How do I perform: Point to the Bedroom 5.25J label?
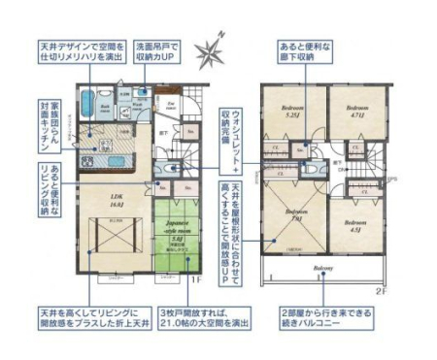coord(293,111)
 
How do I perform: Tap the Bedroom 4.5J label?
coord(352,224)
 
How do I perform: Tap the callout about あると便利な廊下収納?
coord(311,50)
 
